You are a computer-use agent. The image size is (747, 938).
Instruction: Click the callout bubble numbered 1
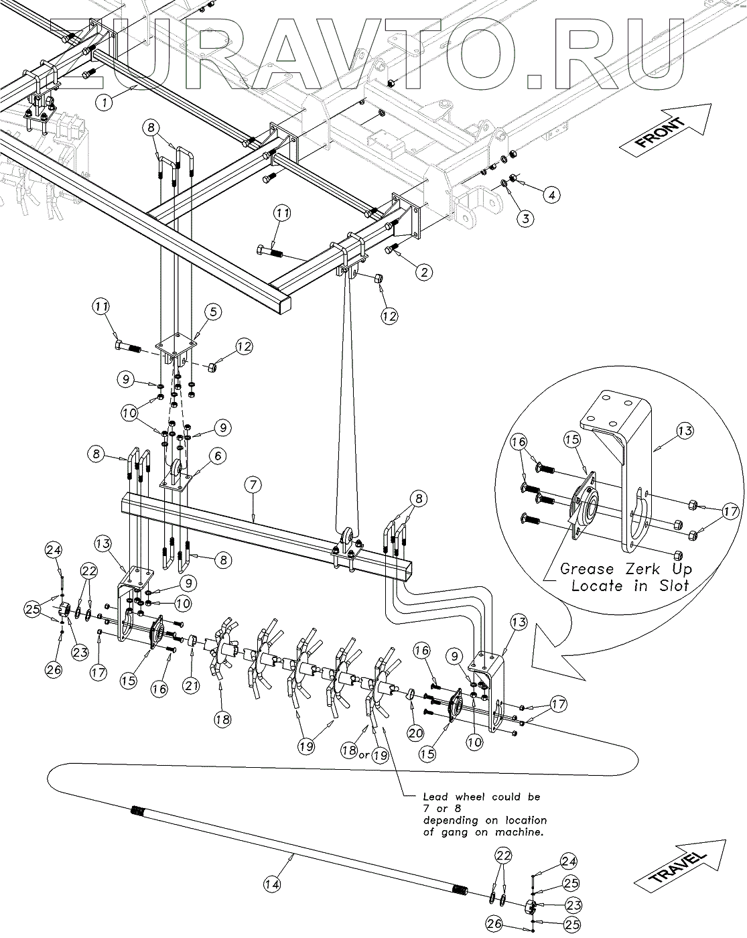(104, 103)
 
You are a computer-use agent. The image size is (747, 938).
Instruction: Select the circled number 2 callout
(424, 273)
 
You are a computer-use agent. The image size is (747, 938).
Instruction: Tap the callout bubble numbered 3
(526, 218)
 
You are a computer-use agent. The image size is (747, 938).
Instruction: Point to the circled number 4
(552, 195)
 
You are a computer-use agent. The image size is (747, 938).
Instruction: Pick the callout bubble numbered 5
(213, 312)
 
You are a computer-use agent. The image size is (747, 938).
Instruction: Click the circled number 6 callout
(218, 456)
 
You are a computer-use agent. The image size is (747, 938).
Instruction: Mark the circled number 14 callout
(273, 884)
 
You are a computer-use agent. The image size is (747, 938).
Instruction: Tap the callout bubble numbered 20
(415, 733)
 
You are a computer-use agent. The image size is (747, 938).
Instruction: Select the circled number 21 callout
(192, 685)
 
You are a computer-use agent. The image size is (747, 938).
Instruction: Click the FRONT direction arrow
(665, 129)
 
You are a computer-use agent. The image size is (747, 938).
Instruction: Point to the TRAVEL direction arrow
(680, 864)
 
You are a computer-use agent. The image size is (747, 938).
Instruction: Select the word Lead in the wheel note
(435, 797)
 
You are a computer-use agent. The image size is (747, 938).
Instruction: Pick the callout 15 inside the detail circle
(572, 440)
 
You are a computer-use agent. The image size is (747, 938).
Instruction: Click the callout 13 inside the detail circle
(685, 431)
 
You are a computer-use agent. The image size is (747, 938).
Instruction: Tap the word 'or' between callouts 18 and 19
(364, 755)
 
